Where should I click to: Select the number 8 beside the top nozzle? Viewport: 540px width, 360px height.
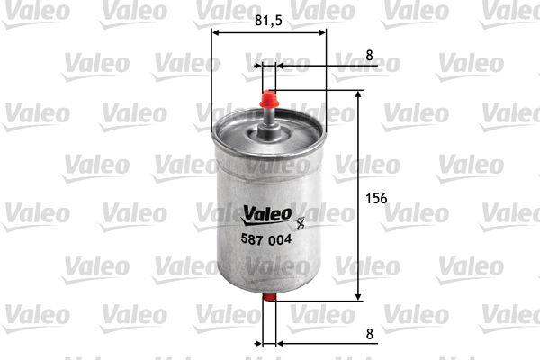coord(369,55)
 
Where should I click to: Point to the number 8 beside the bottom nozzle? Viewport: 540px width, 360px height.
coord(369,333)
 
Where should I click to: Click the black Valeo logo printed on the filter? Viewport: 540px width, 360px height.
coord(265,213)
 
